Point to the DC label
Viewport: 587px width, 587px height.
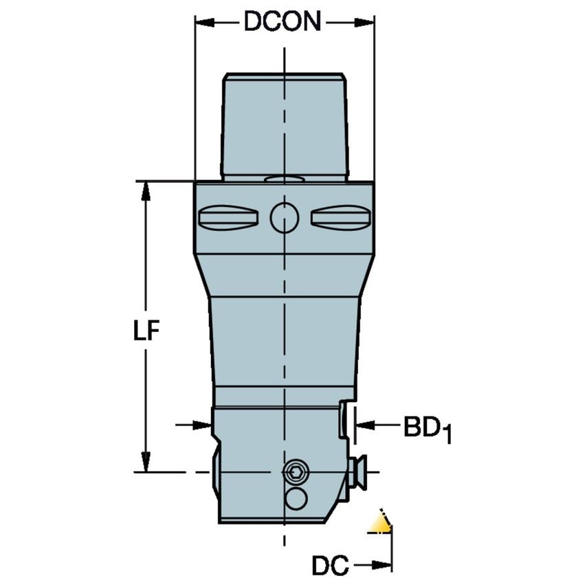click(329, 566)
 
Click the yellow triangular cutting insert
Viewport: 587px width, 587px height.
click(380, 523)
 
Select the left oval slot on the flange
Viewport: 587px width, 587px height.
click(228, 218)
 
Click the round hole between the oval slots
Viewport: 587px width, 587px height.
click(285, 218)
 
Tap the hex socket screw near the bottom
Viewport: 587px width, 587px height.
click(296, 472)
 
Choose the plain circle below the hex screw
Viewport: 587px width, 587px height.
click(296, 498)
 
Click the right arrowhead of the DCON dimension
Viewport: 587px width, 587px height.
click(365, 23)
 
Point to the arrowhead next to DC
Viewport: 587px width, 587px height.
click(382, 566)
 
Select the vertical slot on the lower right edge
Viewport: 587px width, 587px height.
click(344, 421)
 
